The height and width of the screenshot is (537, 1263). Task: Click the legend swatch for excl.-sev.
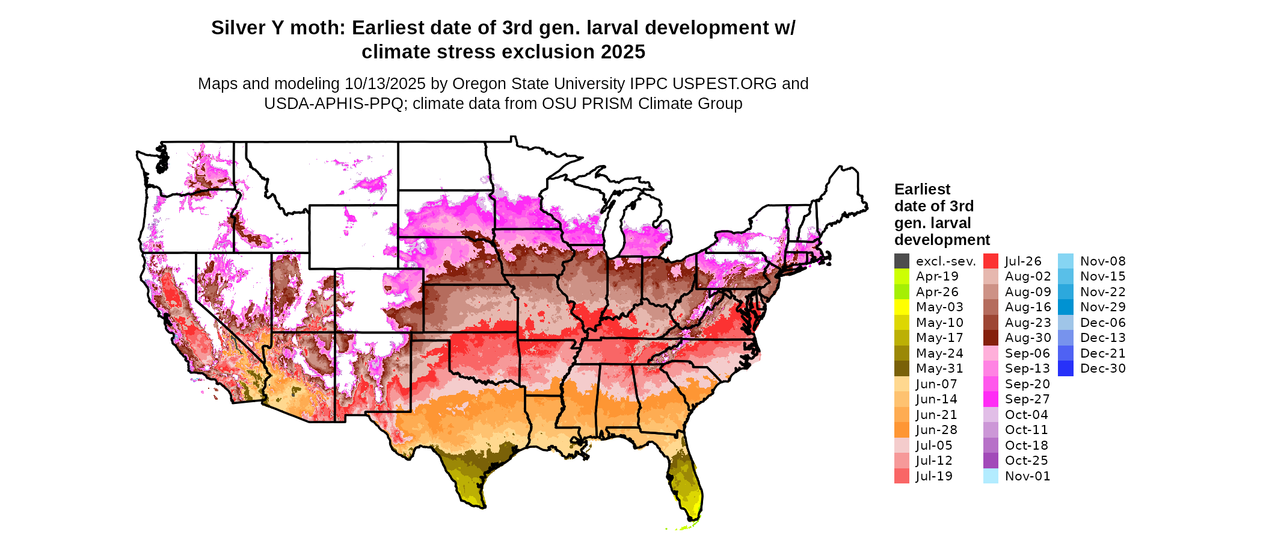pyautogui.click(x=902, y=261)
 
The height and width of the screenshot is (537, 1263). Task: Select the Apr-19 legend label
pyautogui.click(x=937, y=276)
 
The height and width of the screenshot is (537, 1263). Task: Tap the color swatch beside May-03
pyautogui.click(x=902, y=307)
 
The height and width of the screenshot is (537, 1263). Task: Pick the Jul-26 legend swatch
pyautogui.click(x=991, y=261)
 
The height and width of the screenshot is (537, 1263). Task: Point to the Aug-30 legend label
pyautogui.click(x=1028, y=338)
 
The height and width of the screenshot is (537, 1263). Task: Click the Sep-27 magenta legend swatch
pyautogui.click(x=991, y=399)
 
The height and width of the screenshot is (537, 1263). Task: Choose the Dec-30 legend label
pyautogui.click(x=1103, y=368)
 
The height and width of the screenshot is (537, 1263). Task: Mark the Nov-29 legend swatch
pyautogui.click(x=1065, y=307)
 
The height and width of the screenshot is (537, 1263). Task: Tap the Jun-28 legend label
pyautogui.click(x=936, y=430)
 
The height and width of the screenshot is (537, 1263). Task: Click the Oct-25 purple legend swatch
pyautogui.click(x=991, y=461)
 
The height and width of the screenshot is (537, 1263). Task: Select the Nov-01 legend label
pyautogui.click(x=1027, y=476)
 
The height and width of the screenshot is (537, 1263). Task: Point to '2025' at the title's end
pyautogui.click(x=622, y=52)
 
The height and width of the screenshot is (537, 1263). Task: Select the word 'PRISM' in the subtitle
pyautogui.click(x=610, y=104)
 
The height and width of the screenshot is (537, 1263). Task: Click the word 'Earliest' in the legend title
pyautogui.click(x=922, y=190)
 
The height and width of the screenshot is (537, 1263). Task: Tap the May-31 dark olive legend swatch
pyautogui.click(x=902, y=368)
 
